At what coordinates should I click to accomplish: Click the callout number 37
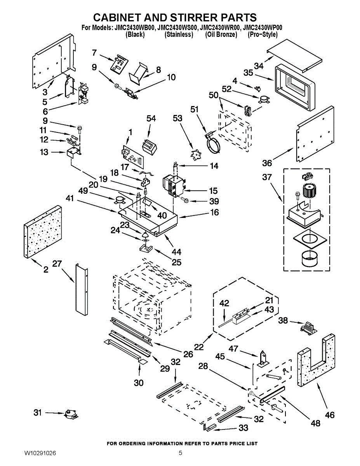(x=267, y=177)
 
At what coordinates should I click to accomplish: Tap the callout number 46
(x=329, y=415)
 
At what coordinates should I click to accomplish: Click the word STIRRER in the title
(x=182, y=17)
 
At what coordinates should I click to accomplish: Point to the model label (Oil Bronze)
(x=221, y=35)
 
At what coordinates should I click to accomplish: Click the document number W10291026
(x=40, y=453)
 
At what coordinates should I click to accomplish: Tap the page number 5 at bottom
(x=180, y=453)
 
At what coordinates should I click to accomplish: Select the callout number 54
(x=151, y=118)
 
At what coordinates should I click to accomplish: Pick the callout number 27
(x=57, y=264)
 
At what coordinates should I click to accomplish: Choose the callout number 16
(x=214, y=212)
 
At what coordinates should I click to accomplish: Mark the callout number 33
(x=243, y=428)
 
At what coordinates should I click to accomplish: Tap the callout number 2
(x=46, y=270)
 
